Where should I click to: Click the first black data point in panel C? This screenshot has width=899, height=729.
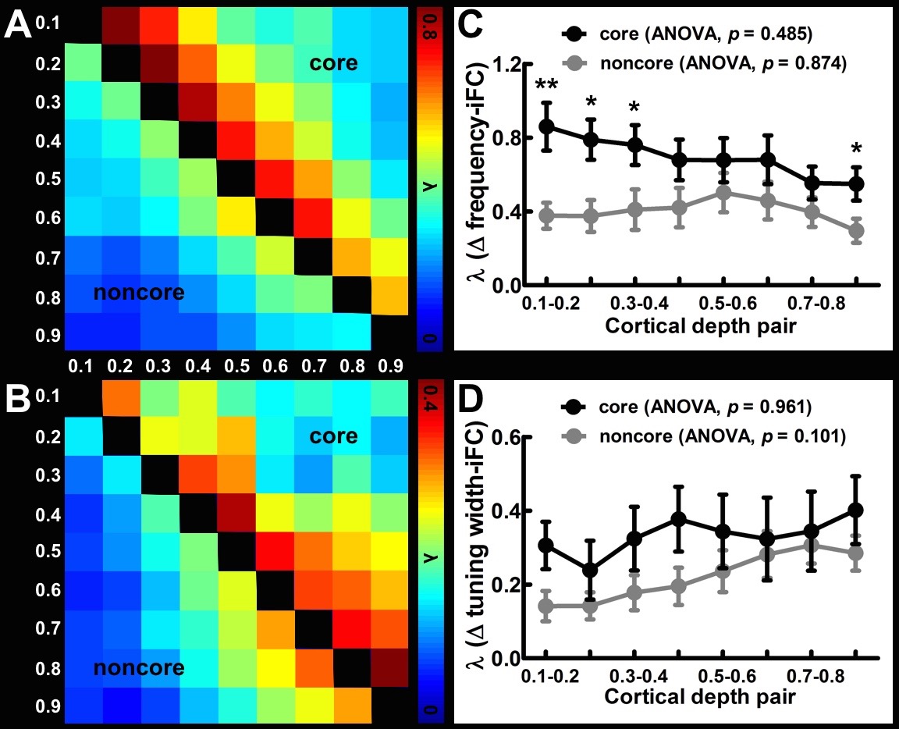[547, 126]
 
